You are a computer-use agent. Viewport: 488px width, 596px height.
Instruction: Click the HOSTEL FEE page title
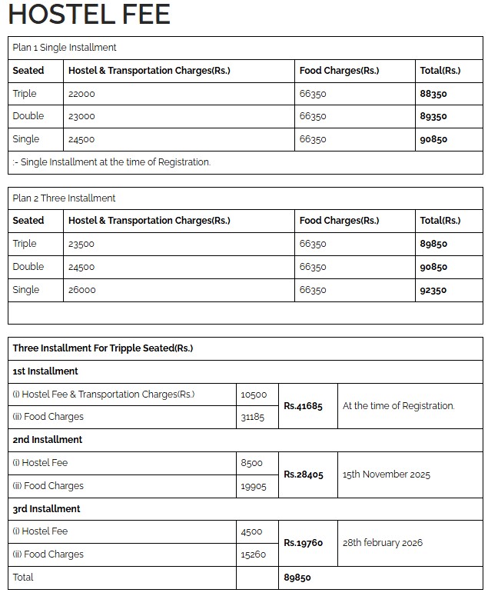pyautogui.click(x=88, y=15)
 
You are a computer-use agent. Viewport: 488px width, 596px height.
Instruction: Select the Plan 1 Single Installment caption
pyautogui.click(x=65, y=48)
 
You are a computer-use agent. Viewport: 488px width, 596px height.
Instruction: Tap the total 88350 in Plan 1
pyautogui.click(x=433, y=94)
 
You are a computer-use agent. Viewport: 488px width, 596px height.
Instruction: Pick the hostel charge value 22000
pyautogui.click(x=82, y=94)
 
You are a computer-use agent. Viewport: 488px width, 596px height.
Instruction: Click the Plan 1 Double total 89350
pyautogui.click(x=433, y=116)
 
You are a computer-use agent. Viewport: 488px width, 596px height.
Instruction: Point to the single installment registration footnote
pyautogui.click(x=112, y=162)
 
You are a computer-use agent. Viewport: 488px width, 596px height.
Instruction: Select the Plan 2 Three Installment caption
pyautogui.click(x=64, y=198)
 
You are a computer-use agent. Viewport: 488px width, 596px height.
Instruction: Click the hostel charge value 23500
pyautogui.click(x=82, y=244)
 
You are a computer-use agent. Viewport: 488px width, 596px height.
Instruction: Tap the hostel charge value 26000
pyautogui.click(x=82, y=290)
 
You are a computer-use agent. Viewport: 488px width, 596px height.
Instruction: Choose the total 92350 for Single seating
pyautogui.click(x=433, y=290)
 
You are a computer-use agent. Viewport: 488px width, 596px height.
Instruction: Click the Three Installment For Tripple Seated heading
pyautogui.click(x=103, y=348)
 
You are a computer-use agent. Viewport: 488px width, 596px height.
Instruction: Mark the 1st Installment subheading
pyautogui.click(x=45, y=371)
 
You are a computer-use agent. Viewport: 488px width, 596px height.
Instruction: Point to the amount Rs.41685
pyautogui.click(x=304, y=406)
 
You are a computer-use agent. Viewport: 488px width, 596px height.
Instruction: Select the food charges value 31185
pyautogui.click(x=253, y=417)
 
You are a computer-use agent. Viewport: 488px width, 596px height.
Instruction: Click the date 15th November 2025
pyautogui.click(x=387, y=474)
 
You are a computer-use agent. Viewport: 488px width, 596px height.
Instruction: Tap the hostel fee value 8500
pyautogui.click(x=251, y=463)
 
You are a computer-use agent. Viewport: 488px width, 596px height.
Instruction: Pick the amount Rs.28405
pyautogui.click(x=304, y=474)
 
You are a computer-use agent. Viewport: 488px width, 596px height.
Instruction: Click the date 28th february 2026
pyautogui.click(x=383, y=543)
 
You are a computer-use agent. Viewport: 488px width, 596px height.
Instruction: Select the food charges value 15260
pyautogui.click(x=253, y=554)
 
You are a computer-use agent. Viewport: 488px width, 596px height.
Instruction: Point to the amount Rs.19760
pyautogui.click(x=304, y=543)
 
